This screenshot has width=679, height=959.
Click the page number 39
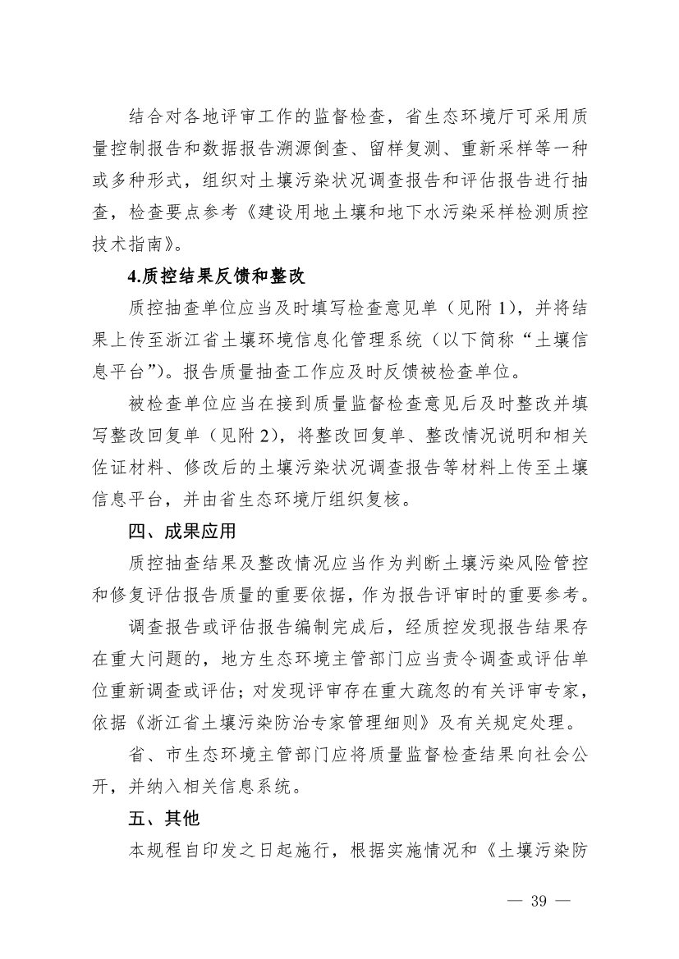coord(539,900)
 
